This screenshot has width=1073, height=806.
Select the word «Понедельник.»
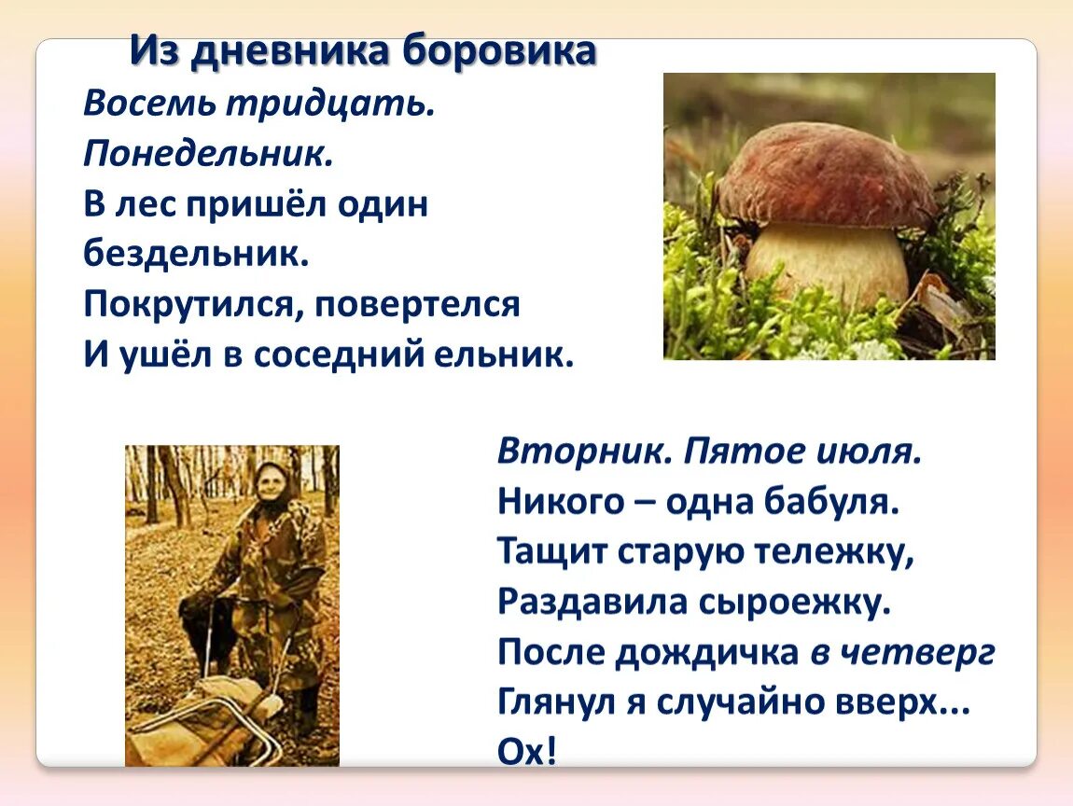[x=208, y=154]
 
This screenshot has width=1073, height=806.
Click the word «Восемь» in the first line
[x=148, y=104]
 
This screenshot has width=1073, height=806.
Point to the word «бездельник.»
[x=196, y=255]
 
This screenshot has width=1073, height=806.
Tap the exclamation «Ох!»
[x=527, y=752]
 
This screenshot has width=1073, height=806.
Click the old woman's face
[x=272, y=486]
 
